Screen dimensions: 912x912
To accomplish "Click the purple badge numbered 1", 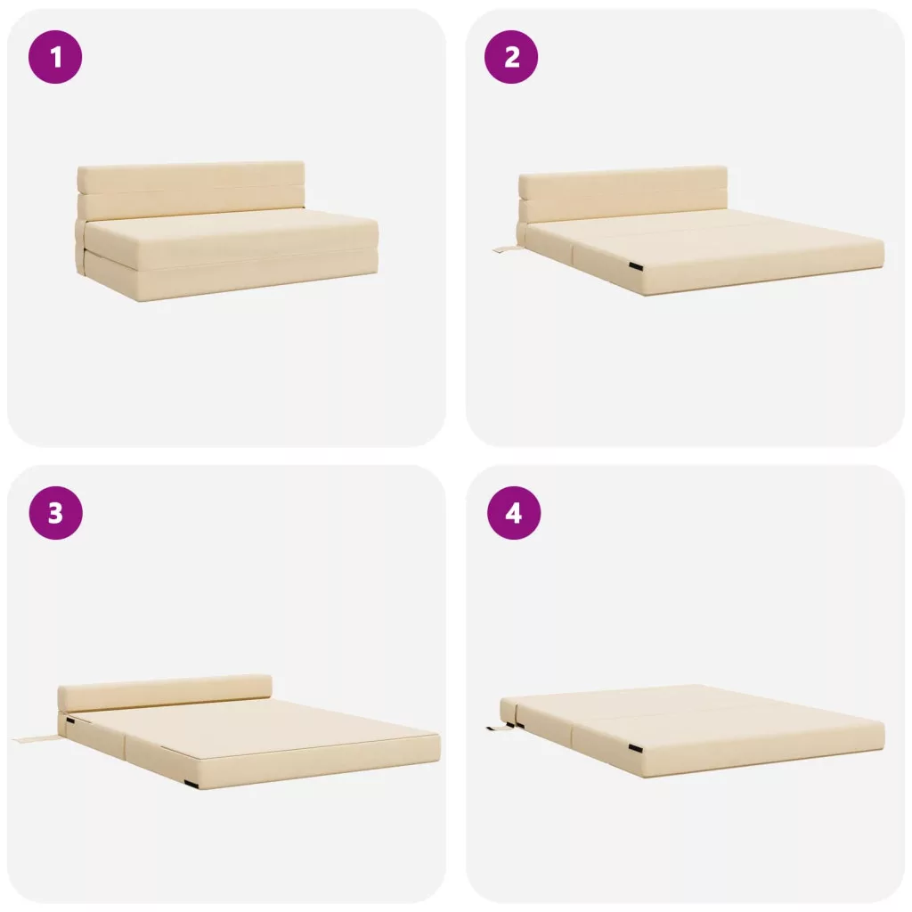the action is click(55, 57).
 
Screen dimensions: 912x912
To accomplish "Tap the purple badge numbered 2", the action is click(511, 57).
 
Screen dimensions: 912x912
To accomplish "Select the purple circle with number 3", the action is click(55, 513).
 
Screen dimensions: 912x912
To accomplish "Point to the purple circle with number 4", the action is click(514, 513).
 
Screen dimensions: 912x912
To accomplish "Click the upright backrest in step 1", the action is click(191, 190).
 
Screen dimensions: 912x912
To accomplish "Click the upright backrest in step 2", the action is click(623, 195).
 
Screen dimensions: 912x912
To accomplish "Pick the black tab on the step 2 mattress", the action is click(636, 266).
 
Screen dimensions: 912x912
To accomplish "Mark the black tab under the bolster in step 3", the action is click(70, 721).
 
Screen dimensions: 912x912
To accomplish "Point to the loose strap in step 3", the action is click(35, 739).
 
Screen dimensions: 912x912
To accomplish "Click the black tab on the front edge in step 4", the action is click(636, 747).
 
